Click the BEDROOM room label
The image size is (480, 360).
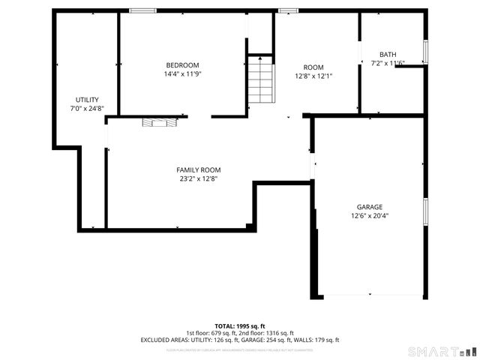tap(182, 64)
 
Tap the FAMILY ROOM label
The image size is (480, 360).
tap(198, 170)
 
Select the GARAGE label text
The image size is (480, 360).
tap(369, 207)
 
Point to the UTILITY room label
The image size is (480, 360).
tap(87, 100)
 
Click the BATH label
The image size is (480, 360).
tap(387, 54)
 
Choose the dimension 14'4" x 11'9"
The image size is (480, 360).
tap(182, 74)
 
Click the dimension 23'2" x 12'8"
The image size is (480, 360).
tap(198, 179)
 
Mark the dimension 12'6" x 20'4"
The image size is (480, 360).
tap(369, 216)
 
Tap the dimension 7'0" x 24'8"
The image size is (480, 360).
tap(87, 109)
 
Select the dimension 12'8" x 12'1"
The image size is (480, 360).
tap(313, 76)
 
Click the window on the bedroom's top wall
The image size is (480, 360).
tap(142, 10)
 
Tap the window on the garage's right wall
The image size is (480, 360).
tap(425, 211)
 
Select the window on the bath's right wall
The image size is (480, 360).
tap(425, 51)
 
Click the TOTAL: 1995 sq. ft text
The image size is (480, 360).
tap(239, 326)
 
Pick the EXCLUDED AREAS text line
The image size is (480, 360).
tap(239, 340)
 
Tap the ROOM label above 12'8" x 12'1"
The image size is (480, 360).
tap(313, 67)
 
